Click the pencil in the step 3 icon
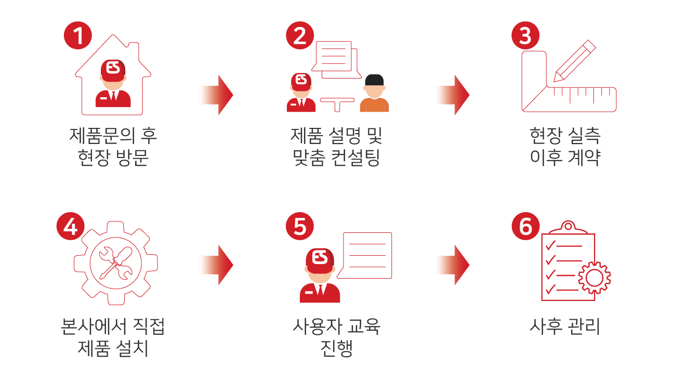point(574,61)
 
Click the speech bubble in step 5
point(367,255)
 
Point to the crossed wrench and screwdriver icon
point(115,263)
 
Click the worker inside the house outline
point(113,83)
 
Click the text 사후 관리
point(564,327)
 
